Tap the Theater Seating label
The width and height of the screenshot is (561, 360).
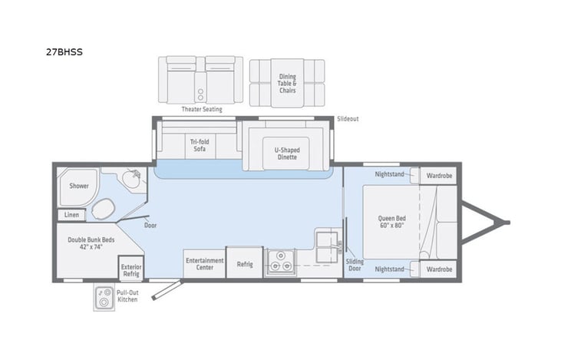pos(202,109)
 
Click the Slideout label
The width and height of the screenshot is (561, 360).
pos(348,119)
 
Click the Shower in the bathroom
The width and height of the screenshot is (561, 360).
pos(79,186)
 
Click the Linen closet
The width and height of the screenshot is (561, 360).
pos(71,215)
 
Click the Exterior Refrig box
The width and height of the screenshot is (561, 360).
pos(130,269)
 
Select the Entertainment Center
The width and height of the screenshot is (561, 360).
pos(204,264)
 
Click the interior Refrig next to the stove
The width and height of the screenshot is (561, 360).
pos(245,264)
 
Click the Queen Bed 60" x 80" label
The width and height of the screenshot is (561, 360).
pos(391,222)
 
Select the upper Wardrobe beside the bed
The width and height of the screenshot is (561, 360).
pos(440,175)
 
